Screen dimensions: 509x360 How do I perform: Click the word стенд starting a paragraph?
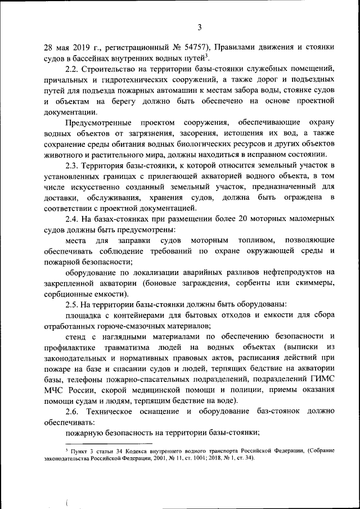76,336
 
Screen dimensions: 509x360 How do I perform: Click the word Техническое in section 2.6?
116,412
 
